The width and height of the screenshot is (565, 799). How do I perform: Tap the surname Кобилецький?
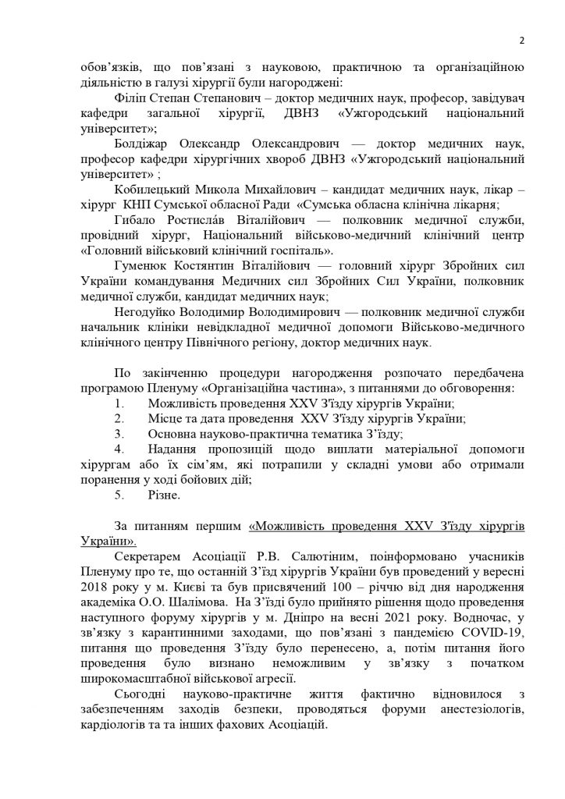click(151, 205)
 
